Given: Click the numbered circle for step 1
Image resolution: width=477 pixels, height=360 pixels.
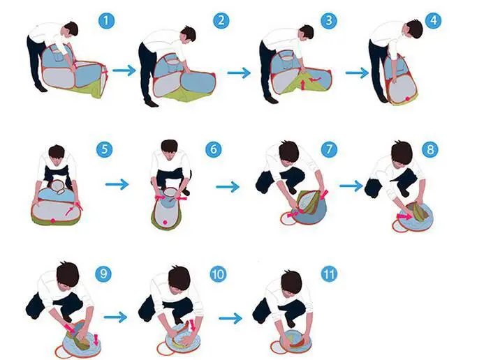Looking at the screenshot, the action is (x=106, y=21).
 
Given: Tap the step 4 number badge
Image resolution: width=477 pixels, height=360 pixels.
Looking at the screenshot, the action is (x=434, y=20).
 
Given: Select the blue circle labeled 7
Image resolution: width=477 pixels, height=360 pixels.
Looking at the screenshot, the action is (x=329, y=149).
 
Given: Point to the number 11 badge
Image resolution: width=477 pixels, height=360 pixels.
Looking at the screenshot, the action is (x=329, y=274).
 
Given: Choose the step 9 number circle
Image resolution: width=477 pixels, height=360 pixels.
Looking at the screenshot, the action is (x=103, y=273).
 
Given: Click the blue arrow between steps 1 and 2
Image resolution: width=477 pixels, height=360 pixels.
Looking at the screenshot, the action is (x=124, y=70).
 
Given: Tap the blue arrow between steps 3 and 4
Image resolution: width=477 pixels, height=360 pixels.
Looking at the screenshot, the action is (x=357, y=73).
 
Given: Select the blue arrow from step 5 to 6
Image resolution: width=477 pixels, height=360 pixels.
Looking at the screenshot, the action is (x=117, y=184).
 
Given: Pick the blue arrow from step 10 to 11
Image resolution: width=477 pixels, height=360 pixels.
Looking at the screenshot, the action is (x=230, y=318).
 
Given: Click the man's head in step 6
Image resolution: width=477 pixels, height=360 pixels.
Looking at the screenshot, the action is (x=170, y=147).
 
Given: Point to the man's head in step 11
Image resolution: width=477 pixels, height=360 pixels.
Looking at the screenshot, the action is (x=291, y=281).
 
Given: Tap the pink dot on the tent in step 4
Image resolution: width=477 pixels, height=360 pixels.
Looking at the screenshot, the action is (x=407, y=99).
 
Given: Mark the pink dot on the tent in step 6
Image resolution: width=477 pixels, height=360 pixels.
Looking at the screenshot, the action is (x=165, y=223).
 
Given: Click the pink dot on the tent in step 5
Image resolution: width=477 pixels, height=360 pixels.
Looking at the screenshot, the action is (x=53, y=220).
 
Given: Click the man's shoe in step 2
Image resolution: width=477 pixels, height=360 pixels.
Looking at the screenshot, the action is (x=152, y=103).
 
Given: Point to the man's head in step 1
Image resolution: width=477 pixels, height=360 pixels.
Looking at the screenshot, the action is (x=71, y=29).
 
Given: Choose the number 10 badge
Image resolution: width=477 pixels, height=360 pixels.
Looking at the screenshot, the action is (x=218, y=274).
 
